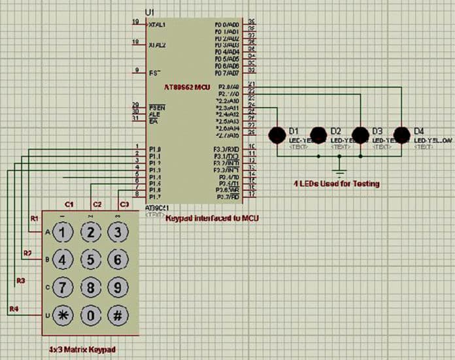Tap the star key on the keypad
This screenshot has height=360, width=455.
tap(63, 314)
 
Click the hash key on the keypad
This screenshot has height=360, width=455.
tap(117, 314)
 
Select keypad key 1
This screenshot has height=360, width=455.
tap(63, 232)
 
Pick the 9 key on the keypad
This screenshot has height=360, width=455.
tap(117, 287)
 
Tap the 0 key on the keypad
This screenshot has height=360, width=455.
tap(90, 314)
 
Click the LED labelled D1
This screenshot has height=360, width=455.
tap(277, 135)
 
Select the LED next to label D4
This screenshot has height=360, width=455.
tap(403, 135)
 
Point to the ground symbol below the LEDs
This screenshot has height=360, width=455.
tap(339, 171)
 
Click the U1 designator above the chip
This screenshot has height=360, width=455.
tap(149, 13)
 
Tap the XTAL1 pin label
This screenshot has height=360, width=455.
tap(157, 24)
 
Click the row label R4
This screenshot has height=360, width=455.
tap(14, 308)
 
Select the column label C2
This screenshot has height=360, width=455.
tap(97, 205)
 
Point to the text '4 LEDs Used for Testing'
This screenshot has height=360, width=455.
tap(337, 184)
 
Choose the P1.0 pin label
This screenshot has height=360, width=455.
tap(155, 150)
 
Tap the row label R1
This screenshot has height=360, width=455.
tap(35, 218)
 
